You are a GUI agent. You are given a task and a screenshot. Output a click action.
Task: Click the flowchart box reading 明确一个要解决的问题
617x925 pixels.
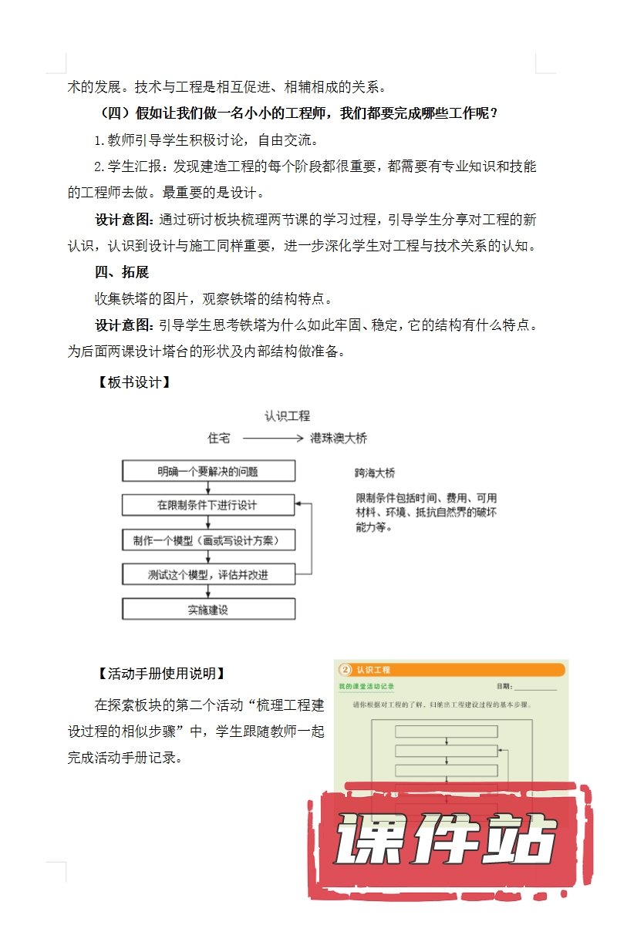coord(208,471)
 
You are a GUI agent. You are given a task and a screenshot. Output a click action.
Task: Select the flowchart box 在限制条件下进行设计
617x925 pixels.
coord(208,505)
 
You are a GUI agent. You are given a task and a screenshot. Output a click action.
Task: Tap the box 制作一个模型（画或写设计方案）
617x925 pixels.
coord(208,540)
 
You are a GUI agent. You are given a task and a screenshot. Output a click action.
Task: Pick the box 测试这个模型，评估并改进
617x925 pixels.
coord(208,574)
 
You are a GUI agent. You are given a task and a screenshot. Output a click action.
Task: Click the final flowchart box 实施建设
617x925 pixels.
coord(208,609)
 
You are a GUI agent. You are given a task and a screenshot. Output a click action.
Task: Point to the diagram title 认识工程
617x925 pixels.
coord(287,416)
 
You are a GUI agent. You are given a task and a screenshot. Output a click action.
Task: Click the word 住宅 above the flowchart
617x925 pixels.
coord(219,438)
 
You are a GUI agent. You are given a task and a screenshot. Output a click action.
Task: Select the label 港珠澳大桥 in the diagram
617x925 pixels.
coord(339,438)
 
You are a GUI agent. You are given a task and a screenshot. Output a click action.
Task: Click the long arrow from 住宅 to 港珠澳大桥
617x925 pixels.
coord(270,438)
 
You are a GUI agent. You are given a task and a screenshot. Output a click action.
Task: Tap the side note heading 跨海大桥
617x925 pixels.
coord(375,473)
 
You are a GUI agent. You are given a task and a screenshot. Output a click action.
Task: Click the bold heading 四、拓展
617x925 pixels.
coord(121,272)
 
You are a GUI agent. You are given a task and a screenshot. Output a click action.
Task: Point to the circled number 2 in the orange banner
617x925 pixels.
coord(346,669)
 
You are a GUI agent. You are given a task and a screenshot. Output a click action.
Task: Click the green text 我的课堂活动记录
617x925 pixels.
coord(366,685)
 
